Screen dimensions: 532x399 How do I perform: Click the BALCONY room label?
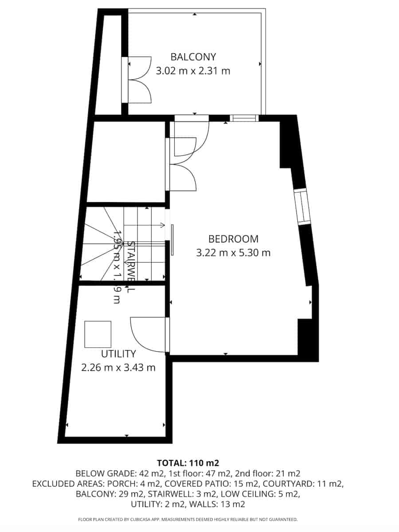click(x=193, y=57)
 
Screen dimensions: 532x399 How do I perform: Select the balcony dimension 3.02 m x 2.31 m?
click(x=193, y=70)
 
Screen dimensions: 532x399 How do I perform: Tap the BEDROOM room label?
click(x=233, y=239)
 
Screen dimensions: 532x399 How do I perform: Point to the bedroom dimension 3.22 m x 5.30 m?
click(x=233, y=253)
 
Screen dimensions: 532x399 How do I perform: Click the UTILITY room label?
click(x=118, y=354)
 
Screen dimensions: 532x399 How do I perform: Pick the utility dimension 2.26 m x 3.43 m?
click(x=118, y=368)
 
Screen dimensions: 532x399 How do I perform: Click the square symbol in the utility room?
click(x=98, y=334)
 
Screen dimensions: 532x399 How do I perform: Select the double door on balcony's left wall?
click(x=137, y=80)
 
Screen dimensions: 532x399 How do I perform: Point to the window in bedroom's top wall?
click(x=244, y=118)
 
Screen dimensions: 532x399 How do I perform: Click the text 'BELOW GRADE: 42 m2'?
click(x=113, y=473)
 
